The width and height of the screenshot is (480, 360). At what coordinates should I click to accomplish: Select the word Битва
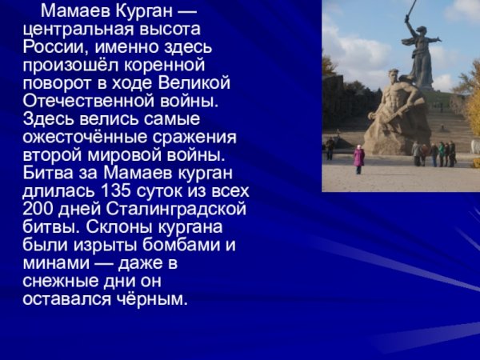[48, 172]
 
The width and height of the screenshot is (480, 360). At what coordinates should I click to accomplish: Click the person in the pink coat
[359, 155]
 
